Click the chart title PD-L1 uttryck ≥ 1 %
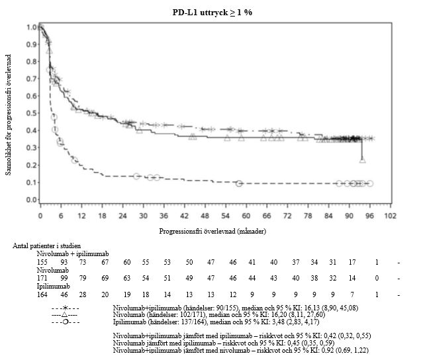click(x=211, y=12)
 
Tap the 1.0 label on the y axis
click(x=32, y=28)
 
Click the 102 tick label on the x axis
click(x=391, y=215)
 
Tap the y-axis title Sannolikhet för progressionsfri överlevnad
click(x=9, y=112)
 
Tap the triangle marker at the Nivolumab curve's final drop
click(x=362, y=159)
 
